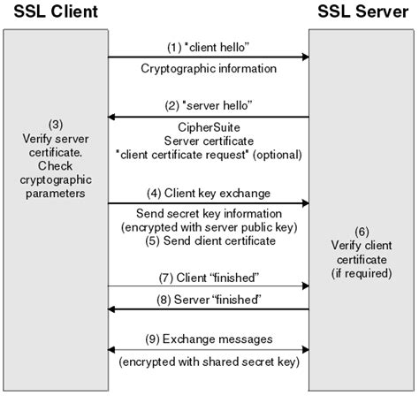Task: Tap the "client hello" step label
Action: pos(209,44)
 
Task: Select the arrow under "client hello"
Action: pos(209,57)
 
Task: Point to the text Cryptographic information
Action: pos(209,68)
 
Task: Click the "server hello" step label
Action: pos(209,104)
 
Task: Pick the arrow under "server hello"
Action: pos(209,117)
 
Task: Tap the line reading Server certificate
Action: pos(209,141)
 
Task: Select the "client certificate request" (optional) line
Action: pos(209,155)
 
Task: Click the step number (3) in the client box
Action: pos(55,124)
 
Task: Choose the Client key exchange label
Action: pos(209,192)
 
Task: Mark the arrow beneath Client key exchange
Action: pos(209,204)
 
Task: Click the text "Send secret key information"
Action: pos(209,215)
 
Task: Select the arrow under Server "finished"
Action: pos(209,309)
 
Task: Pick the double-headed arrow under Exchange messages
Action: pos(209,350)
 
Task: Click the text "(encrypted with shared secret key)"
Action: pos(209,362)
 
